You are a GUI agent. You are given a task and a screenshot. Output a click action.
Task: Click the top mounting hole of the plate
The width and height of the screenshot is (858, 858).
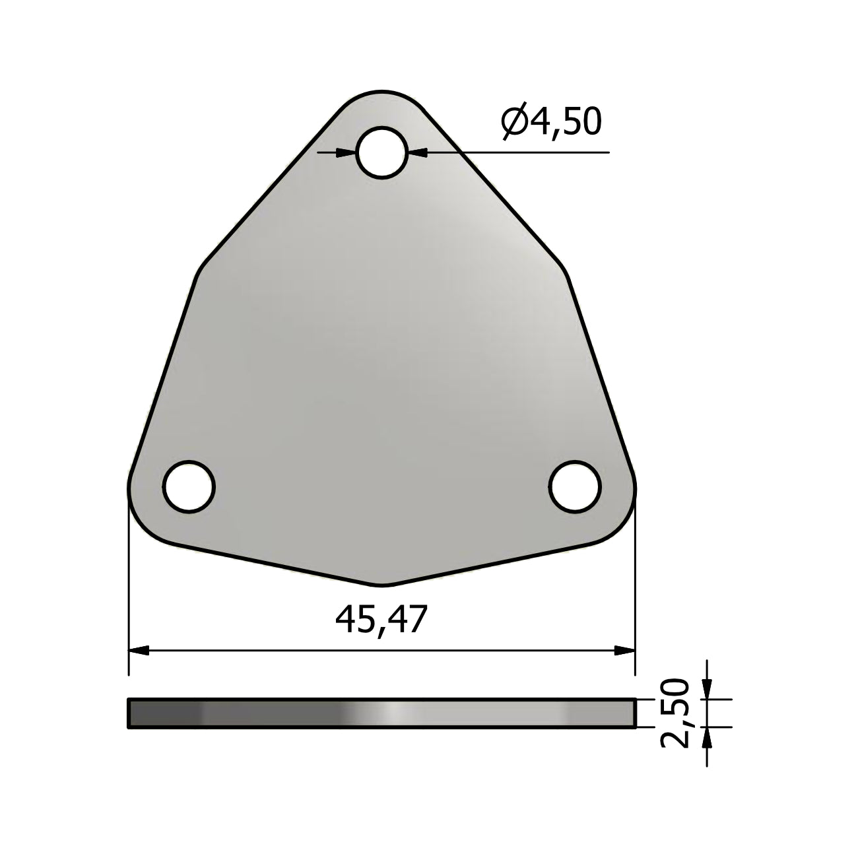point(381,152)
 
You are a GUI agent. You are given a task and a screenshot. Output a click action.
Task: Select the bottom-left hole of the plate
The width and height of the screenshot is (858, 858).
point(189,486)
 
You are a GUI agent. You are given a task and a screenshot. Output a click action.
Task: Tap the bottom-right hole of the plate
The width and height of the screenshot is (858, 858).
point(575,486)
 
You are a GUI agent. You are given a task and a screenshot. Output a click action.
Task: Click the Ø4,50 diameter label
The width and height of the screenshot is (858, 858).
point(552,121)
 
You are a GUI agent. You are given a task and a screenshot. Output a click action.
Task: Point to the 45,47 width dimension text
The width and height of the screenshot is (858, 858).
point(381,620)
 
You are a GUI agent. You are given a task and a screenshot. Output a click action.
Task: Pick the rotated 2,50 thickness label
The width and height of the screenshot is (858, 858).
point(675,713)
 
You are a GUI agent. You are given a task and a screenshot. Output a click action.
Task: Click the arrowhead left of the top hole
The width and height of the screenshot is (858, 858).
point(347,152)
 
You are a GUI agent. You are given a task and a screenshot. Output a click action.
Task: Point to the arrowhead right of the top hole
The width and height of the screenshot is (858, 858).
point(416,152)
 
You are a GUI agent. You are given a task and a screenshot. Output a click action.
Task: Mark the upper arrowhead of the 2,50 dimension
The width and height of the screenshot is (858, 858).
point(707,690)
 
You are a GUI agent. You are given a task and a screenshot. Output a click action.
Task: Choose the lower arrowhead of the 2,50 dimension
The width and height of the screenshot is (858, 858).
point(707,737)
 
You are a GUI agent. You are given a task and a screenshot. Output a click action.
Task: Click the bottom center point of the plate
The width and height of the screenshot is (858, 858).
point(381,584)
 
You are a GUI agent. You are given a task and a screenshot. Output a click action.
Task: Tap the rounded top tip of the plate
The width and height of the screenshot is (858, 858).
point(381,92)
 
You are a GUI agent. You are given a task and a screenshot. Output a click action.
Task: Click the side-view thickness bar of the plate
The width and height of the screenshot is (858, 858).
point(381,713)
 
